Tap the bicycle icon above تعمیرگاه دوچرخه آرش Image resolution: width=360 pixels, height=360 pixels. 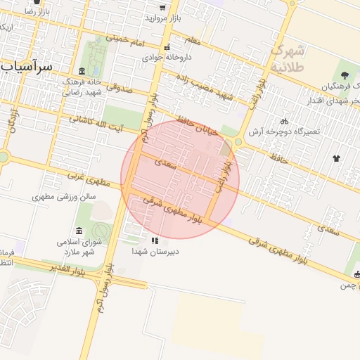pyautogui.click(x=285, y=121)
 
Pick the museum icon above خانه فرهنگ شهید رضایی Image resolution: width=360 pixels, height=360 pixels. pyautogui.click(x=82, y=71)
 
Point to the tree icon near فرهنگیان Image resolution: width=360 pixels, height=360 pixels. pyautogui.click(x=345, y=75)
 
